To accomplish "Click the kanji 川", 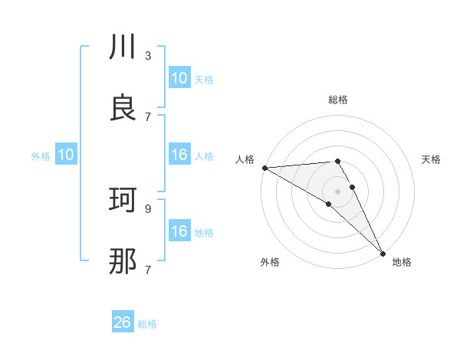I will (x=123, y=48).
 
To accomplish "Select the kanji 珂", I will (x=123, y=201).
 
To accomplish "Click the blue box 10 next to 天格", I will (x=179, y=78).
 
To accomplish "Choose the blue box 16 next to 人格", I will (x=179, y=155).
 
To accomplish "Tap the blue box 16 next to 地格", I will (x=179, y=231).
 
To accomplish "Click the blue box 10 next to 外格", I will (x=66, y=155).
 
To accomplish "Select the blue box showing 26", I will (x=123, y=322).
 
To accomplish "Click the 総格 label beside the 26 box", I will (x=147, y=324).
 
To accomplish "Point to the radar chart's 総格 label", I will (x=338, y=100).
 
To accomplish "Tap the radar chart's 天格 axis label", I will (x=432, y=159).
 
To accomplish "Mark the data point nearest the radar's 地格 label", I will (x=382, y=252).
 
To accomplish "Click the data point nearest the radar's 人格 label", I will (x=264, y=168).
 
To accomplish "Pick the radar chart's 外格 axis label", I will (x=270, y=262).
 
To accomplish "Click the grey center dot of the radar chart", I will (x=338, y=191).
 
